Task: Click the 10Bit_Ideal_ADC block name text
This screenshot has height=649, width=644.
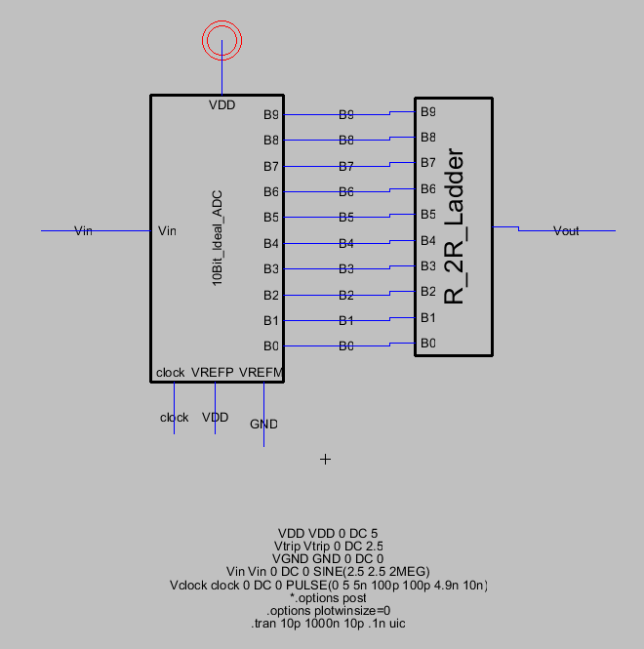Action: [x=218, y=238]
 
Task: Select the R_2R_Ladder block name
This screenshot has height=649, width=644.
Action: [x=454, y=226]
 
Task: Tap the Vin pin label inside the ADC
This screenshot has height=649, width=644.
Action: [x=167, y=231]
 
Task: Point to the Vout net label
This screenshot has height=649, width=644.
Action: [x=566, y=231]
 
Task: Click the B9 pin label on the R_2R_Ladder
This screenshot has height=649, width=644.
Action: [x=428, y=112]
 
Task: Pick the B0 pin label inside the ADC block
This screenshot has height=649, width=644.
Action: [x=271, y=345]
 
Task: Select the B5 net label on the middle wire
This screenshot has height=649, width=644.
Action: [x=346, y=218]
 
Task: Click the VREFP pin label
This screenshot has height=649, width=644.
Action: [x=213, y=373]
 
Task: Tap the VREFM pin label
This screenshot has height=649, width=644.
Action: [x=262, y=373]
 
